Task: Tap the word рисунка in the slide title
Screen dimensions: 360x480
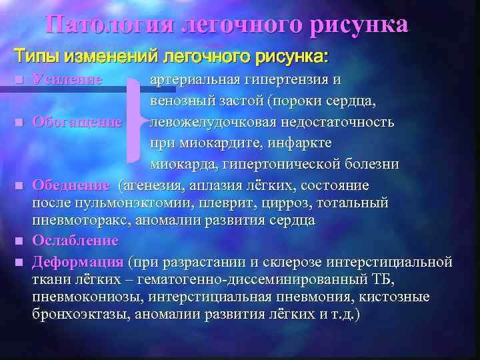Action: (359, 25)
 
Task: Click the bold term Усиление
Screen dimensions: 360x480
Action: (67, 80)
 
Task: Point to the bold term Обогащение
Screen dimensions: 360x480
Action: (77, 122)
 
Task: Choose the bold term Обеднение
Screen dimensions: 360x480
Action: (71, 184)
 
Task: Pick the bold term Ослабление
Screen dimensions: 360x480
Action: (75, 240)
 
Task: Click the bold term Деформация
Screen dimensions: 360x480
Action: (78, 261)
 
